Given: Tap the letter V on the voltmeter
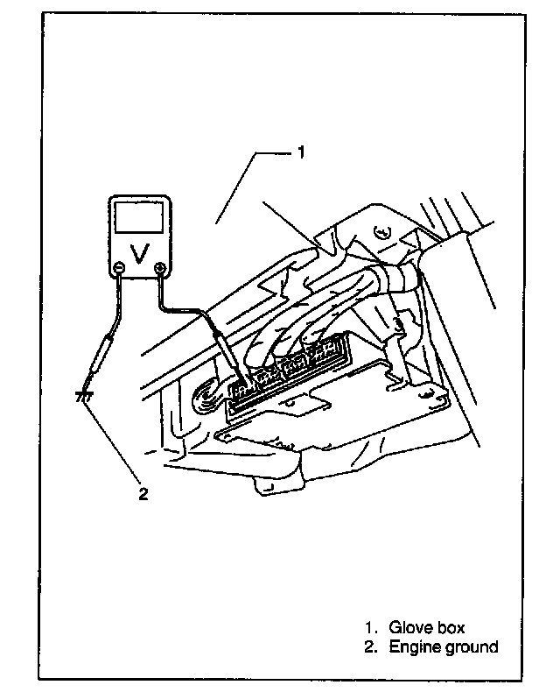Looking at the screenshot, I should pos(137,254).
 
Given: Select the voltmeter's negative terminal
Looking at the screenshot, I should pos(119,268).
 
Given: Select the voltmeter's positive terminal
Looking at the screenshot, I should pos(159,268).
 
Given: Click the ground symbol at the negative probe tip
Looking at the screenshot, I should pos(85,397).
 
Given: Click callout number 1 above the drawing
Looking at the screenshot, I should pos(300,152).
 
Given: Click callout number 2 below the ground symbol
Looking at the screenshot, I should pos(143,494).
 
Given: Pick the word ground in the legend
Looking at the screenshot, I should pos(470,648).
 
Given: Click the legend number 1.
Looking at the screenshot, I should pos(372,627).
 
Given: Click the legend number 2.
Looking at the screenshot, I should pos(372,647).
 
